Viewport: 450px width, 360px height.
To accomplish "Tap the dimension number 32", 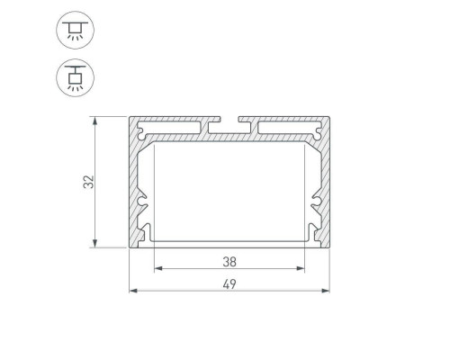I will click(88, 182).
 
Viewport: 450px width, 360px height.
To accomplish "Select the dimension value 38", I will click(229, 263).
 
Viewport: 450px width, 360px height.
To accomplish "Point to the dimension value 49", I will click(229, 284).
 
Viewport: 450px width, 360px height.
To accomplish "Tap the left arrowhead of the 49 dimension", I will click(134, 291).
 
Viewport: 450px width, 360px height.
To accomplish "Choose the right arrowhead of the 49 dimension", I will click(327, 291).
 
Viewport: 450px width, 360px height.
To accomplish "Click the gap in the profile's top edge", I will click(230, 119).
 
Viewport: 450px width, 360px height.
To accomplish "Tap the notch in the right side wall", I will click(316, 201).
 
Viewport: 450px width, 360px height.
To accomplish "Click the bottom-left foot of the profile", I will click(140, 239).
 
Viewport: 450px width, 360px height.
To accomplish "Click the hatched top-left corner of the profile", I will click(139, 126).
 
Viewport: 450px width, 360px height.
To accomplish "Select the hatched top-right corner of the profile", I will click(323, 126).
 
